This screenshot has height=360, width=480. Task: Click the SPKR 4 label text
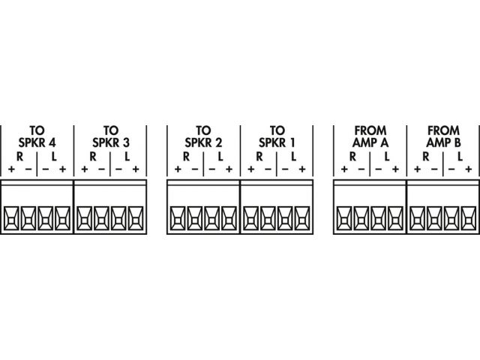pos(37,142)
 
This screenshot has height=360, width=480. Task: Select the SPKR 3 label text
pos(111,142)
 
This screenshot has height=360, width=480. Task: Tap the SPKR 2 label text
pos(203,142)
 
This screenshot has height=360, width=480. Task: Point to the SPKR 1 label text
pos(277,142)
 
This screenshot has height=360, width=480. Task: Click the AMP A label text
pos(370,142)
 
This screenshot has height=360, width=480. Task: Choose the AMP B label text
pos(443,142)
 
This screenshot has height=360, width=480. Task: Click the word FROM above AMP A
pos(370,130)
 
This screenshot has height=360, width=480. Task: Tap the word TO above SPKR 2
pos(203,130)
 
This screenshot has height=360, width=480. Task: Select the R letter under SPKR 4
pos(20,157)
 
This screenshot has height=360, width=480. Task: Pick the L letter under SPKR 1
pos(293,157)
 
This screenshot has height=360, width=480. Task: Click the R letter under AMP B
pos(426,157)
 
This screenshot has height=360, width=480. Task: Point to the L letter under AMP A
pos(387,157)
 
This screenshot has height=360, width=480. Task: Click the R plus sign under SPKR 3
pos(85,169)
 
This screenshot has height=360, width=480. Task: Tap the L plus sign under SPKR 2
pos(229,169)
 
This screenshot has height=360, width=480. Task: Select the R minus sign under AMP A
pos(361,169)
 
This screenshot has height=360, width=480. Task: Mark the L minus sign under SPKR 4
pos(46,169)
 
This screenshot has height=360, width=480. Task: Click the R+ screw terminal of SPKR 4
pos(11,218)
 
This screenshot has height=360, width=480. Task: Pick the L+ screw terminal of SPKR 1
pos(302,218)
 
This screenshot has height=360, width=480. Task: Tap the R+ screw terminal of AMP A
pos(344,218)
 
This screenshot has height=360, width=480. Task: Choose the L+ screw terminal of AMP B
pos(469,218)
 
